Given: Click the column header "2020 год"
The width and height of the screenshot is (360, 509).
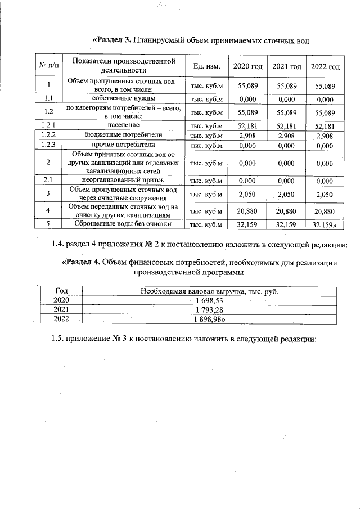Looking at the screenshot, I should click(247, 67).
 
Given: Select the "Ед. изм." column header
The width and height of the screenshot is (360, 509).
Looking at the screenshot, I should click(206, 67).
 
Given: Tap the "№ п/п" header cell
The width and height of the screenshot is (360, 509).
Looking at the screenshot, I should click(49, 67).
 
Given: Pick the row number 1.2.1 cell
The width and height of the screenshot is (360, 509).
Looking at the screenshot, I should click(49, 125).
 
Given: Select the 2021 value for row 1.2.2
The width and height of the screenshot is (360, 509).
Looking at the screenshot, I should click(286, 136).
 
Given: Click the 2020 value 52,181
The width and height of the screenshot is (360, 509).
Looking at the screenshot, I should click(247, 126).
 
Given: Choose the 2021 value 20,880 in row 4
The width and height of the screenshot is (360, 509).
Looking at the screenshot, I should click(286, 211).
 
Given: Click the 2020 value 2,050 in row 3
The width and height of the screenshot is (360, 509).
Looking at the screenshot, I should click(247, 194).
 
